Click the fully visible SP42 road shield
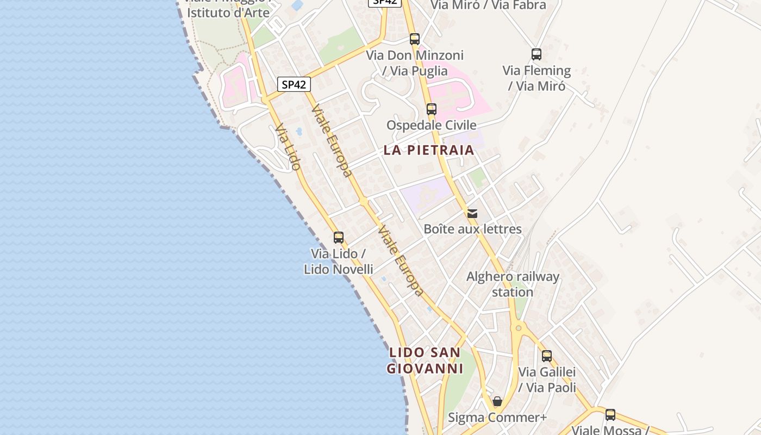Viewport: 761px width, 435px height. (x=294, y=84)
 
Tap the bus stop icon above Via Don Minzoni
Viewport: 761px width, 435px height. (x=415, y=39)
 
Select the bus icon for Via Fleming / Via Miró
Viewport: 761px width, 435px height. (x=537, y=54)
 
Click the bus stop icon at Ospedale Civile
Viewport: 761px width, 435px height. (x=432, y=109)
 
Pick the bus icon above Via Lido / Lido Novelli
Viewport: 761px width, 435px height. (x=339, y=238)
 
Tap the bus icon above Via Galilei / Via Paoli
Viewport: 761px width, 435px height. (x=547, y=356)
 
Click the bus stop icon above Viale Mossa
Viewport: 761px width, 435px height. (x=610, y=415)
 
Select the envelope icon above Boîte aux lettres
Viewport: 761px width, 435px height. (x=472, y=214)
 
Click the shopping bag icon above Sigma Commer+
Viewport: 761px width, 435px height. (x=497, y=402)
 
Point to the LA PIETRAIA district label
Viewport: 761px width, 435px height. (x=429, y=150)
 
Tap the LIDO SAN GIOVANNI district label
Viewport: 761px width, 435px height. (x=425, y=361)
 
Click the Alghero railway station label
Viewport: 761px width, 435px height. (x=513, y=284)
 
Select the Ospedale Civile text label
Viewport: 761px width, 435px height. (x=432, y=125)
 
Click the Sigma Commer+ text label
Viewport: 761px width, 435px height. (x=497, y=418)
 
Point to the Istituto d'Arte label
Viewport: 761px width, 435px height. (x=228, y=12)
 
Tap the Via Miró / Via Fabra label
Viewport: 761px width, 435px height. (x=488, y=5)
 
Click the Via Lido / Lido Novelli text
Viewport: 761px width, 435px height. (x=338, y=261)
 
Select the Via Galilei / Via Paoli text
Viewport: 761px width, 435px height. (x=547, y=380)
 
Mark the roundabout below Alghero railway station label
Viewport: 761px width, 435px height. (x=519, y=327)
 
